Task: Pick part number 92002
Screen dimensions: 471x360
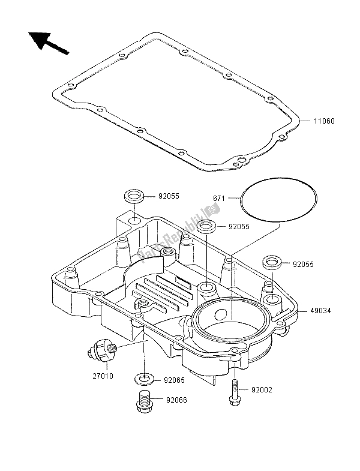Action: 262,390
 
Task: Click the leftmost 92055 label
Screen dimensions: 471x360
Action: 170,196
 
